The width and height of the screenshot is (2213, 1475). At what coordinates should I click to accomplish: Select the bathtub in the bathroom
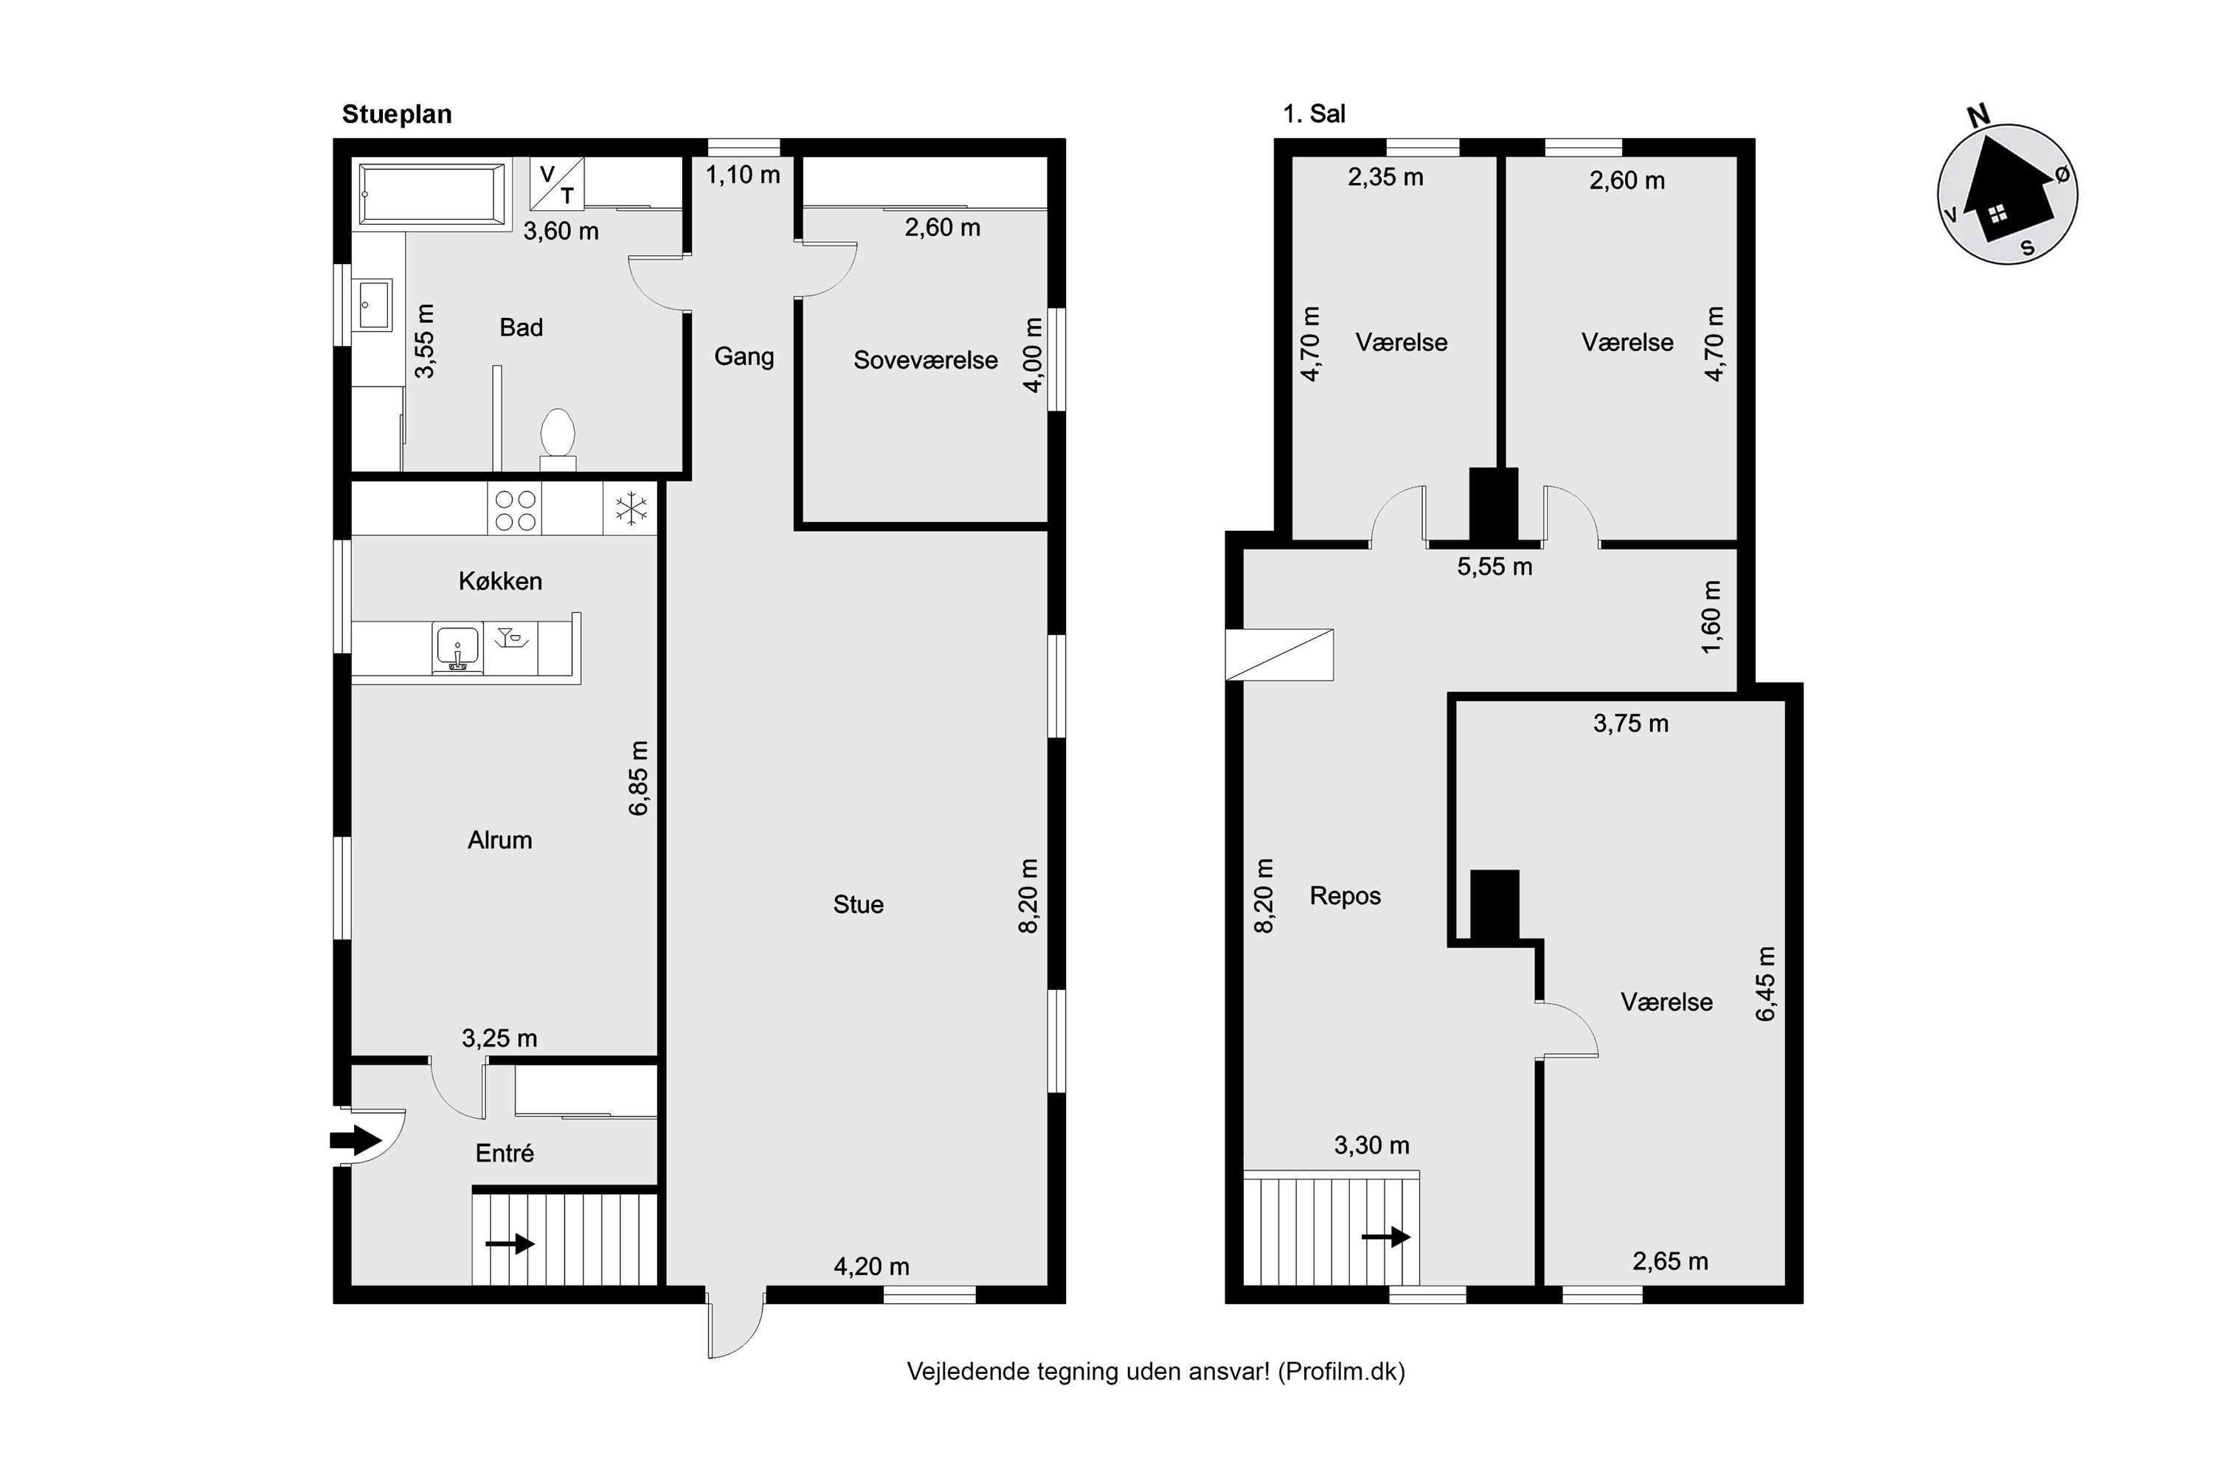(432, 194)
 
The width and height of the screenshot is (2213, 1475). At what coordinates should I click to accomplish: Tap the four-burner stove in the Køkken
(515, 509)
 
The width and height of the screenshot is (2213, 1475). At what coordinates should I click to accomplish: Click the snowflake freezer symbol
(631, 509)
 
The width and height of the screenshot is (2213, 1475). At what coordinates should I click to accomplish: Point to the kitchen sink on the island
(457, 648)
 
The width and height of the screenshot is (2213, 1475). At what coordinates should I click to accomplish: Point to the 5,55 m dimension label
(1495, 566)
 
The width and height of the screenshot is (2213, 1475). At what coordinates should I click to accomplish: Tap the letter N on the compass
(1978, 117)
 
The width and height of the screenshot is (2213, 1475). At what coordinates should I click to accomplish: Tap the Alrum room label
(499, 839)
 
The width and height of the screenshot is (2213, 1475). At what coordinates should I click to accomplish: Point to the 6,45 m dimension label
(1765, 983)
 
